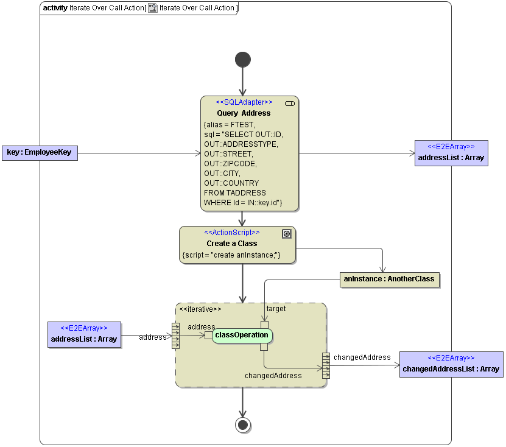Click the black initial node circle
coord(242,59)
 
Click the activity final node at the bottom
coord(242,424)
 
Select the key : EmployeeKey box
coord(39,152)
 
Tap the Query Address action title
coord(244,113)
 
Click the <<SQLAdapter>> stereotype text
coord(244,102)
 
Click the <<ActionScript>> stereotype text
coord(231,233)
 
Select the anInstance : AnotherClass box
coord(389,280)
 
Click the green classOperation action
coord(242,335)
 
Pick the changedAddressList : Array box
coord(451,364)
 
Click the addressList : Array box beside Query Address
coord(451,153)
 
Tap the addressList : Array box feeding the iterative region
coord(85,335)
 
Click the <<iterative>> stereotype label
coord(200,309)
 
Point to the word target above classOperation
coord(276,309)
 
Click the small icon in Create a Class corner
coord(287,233)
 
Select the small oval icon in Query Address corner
coord(290,104)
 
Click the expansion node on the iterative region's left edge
coord(176,336)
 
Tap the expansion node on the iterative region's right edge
coord(326,365)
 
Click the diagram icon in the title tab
coord(153,8)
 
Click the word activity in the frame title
coord(55,8)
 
